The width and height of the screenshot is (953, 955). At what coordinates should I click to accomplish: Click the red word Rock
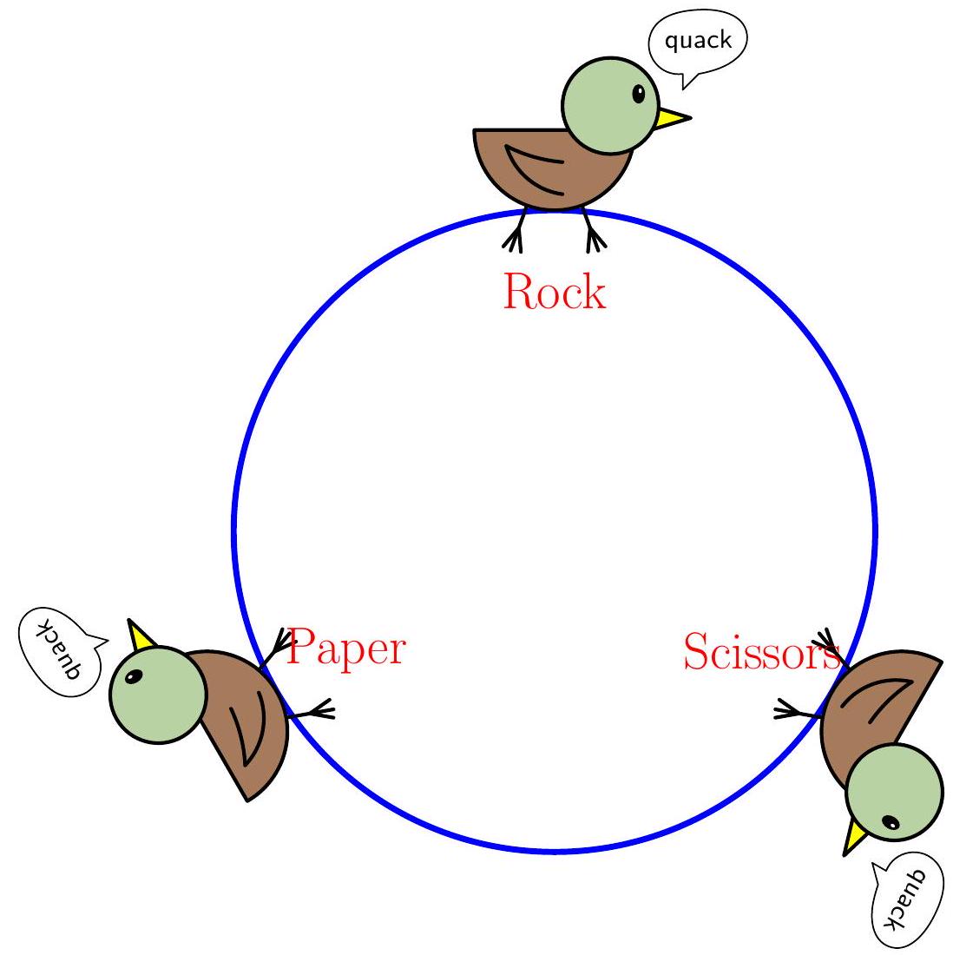(x=554, y=293)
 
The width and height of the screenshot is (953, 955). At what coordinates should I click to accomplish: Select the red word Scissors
(x=760, y=652)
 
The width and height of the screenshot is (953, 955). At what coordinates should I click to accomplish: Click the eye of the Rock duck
(x=639, y=94)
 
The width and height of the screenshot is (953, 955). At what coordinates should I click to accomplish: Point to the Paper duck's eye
(x=133, y=677)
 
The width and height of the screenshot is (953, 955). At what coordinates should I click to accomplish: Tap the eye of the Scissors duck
(x=890, y=822)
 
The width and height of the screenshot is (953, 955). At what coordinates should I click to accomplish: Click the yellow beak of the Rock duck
(x=672, y=118)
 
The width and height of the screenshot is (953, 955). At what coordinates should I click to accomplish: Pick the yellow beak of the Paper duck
(x=140, y=636)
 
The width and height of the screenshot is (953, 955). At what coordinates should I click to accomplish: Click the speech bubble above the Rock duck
(x=698, y=41)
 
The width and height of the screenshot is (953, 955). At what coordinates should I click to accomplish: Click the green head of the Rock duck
(x=607, y=103)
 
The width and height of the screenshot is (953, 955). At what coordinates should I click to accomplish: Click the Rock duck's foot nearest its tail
(x=516, y=236)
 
